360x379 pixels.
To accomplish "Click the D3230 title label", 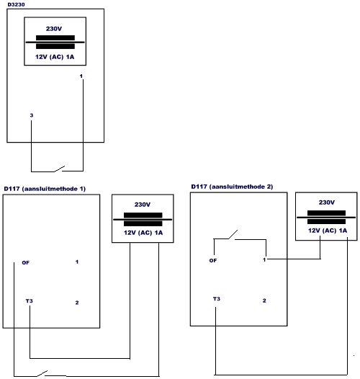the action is pyautogui.click(x=16, y=4).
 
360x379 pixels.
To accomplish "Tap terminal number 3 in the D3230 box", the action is pyautogui.click(x=32, y=115).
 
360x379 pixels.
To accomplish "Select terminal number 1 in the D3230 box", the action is pyautogui.click(x=81, y=76).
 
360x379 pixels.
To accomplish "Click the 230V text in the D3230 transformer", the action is pyautogui.click(x=54, y=29).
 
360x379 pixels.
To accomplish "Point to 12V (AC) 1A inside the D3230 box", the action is pyautogui.click(x=55, y=57).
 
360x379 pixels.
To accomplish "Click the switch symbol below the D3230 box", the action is pyautogui.click(x=59, y=169).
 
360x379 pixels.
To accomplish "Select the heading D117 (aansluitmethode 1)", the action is pyautogui.click(x=45, y=189).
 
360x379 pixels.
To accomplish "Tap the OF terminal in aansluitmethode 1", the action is pyautogui.click(x=26, y=262).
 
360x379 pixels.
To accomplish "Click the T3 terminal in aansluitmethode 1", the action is pyautogui.click(x=30, y=301).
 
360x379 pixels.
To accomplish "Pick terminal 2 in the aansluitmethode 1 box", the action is pyautogui.click(x=77, y=303).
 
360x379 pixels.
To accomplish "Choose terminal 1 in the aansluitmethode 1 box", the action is pyautogui.click(x=77, y=262).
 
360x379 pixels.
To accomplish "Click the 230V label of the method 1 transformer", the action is pyautogui.click(x=143, y=205).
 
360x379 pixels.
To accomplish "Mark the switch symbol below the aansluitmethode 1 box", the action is pyautogui.click(x=42, y=373).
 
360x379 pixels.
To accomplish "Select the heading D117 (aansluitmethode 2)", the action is pyautogui.click(x=232, y=187).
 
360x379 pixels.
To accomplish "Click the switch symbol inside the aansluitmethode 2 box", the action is pyautogui.click(x=233, y=235).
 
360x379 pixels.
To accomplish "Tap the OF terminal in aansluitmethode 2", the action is pyautogui.click(x=213, y=261).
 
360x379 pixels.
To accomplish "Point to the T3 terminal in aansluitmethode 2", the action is pyautogui.click(x=217, y=299).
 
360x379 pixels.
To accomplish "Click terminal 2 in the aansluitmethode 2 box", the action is pyautogui.click(x=264, y=300).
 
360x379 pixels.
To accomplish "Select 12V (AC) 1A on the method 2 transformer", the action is pyautogui.click(x=328, y=231).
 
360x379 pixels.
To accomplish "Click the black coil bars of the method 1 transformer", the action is pyautogui.click(x=143, y=220).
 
